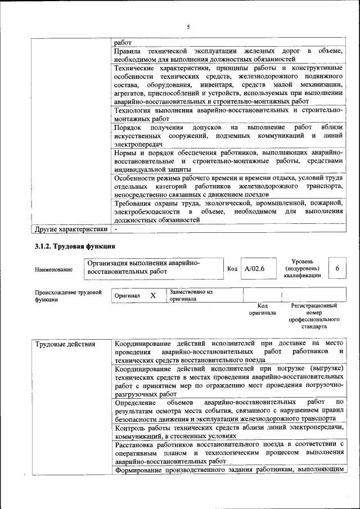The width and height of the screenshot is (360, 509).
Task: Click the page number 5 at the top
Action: click(188, 27)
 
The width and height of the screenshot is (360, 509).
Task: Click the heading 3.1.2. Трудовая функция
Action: click(75, 246)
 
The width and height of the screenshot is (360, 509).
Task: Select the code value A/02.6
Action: click(254, 269)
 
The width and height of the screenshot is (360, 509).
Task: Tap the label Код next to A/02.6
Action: click(232, 269)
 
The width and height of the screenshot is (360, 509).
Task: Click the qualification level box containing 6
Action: click(337, 269)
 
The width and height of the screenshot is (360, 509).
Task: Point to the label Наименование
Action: click(53, 269)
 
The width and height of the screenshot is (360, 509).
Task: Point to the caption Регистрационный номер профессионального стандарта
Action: click(313, 316)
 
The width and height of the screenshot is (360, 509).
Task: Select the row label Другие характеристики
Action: click(71, 229)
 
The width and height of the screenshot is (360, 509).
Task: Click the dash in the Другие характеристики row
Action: click(116, 229)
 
